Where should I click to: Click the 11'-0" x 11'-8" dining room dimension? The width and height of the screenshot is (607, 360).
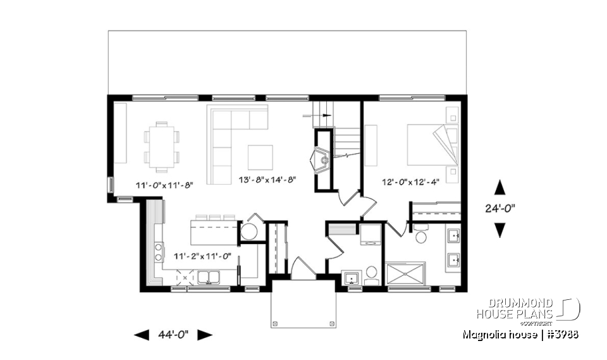[164, 185]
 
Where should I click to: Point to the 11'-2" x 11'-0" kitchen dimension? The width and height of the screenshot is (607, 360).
[202, 256]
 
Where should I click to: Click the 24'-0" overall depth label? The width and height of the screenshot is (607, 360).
[500, 208]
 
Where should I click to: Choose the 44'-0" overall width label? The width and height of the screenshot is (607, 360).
[174, 335]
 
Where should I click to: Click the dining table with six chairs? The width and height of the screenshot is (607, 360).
[162, 147]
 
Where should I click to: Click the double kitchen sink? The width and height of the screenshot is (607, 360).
[208, 276]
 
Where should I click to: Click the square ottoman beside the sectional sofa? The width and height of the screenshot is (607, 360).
[260, 158]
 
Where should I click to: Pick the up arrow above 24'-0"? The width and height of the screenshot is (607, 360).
[500, 187]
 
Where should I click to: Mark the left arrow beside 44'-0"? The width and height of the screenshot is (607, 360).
[142, 335]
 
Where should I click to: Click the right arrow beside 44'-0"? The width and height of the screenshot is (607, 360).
[205, 335]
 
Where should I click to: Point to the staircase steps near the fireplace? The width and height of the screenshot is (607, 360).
[346, 136]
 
